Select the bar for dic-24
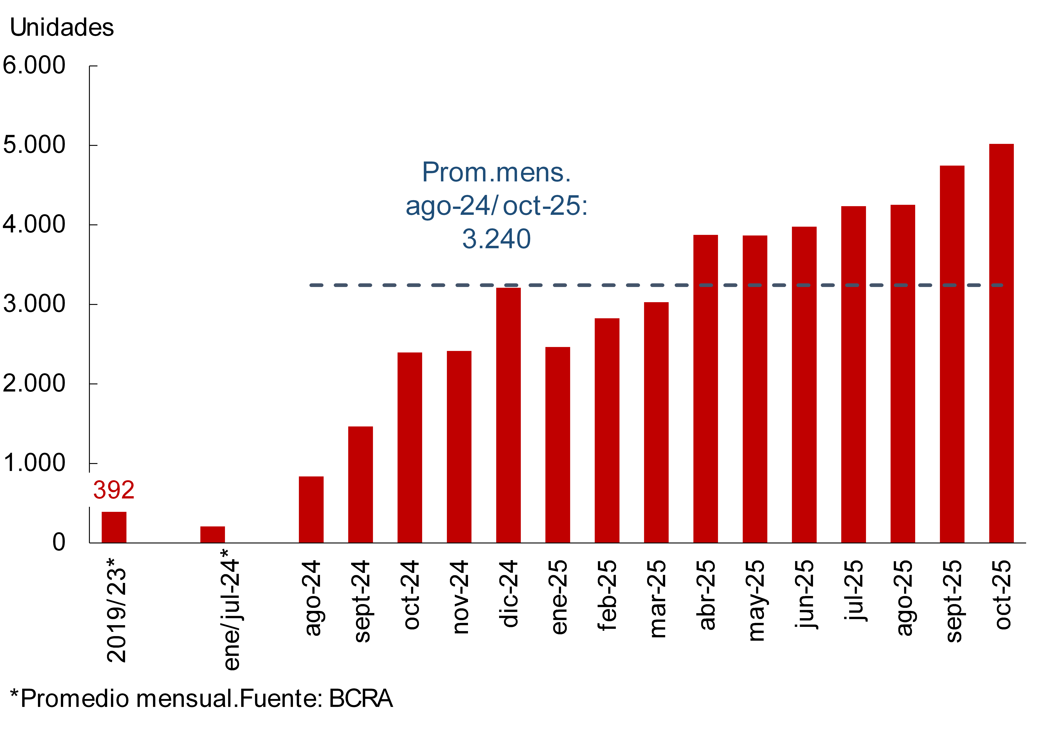click(508, 415)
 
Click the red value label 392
click(114, 490)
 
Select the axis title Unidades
click(62, 27)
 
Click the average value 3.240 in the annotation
click(496, 239)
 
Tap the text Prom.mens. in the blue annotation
click(496, 173)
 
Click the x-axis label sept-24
click(361, 601)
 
